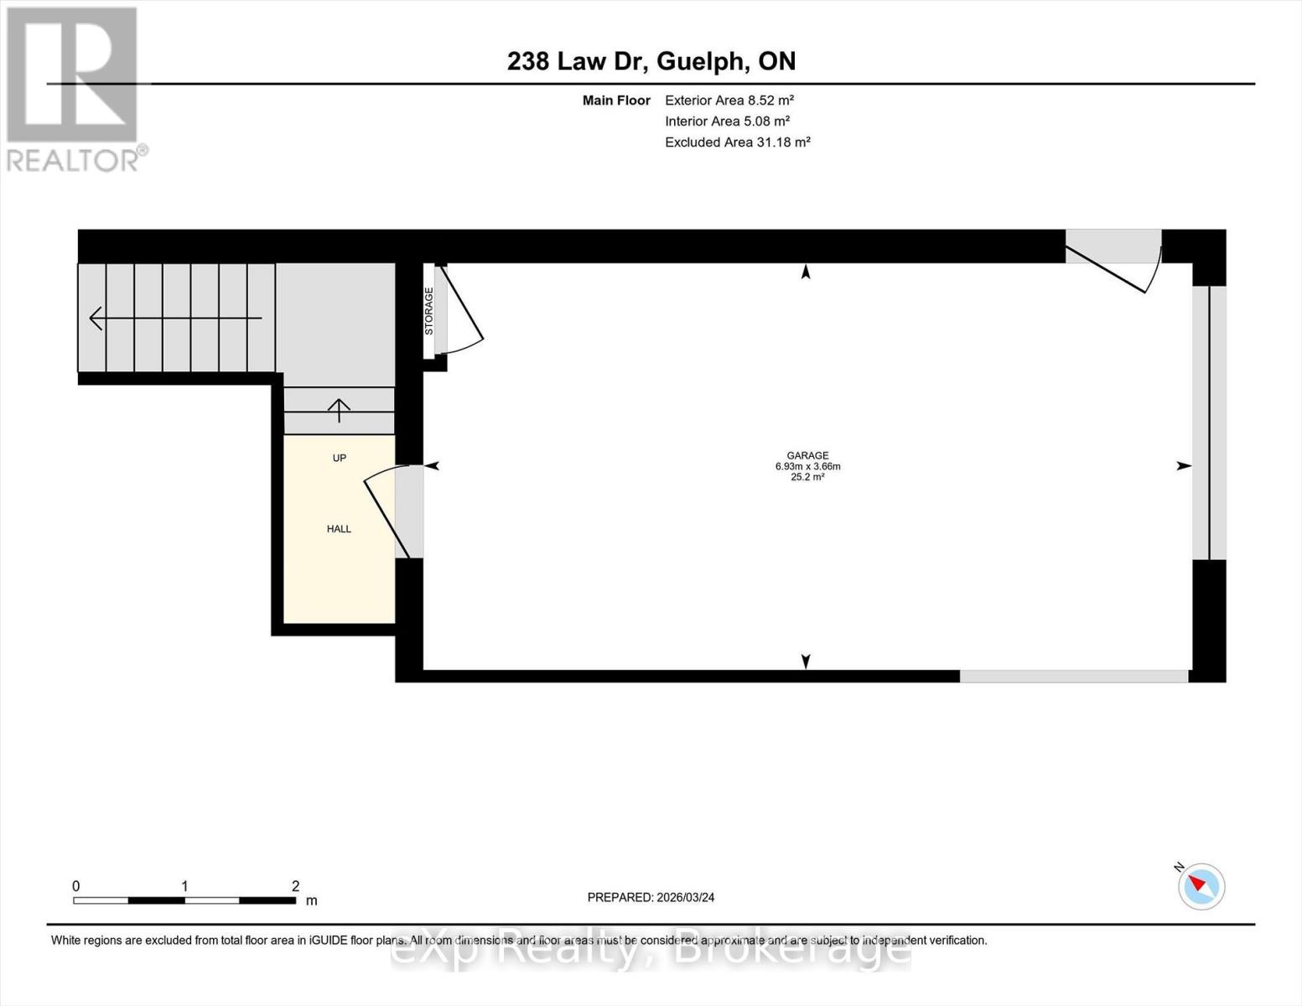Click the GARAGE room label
(x=807, y=455)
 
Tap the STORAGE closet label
(x=428, y=312)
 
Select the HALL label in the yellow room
(x=339, y=529)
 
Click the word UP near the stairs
(x=339, y=458)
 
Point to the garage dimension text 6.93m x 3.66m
(x=807, y=466)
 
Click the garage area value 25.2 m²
(x=807, y=477)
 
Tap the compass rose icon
(x=1201, y=886)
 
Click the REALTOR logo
(x=74, y=88)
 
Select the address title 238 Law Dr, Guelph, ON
(x=651, y=61)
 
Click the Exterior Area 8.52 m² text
(x=729, y=100)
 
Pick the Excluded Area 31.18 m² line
(x=737, y=142)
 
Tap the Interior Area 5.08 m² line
(x=727, y=121)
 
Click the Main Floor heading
(x=616, y=100)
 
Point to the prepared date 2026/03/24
(x=651, y=897)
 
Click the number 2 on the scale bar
(x=295, y=886)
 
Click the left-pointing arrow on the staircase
(x=97, y=318)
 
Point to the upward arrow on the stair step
(x=339, y=409)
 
